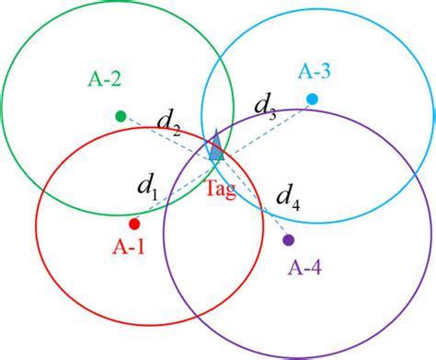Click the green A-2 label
click(x=105, y=78)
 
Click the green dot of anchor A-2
click(x=120, y=116)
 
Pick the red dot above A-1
click(x=134, y=224)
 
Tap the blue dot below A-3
click(x=312, y=99)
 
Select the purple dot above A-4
click(x=289, y=240)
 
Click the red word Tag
click(x=219, y=190)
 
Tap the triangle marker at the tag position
click(x=215, y=147)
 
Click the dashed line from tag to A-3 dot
click(x=267, y=125)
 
